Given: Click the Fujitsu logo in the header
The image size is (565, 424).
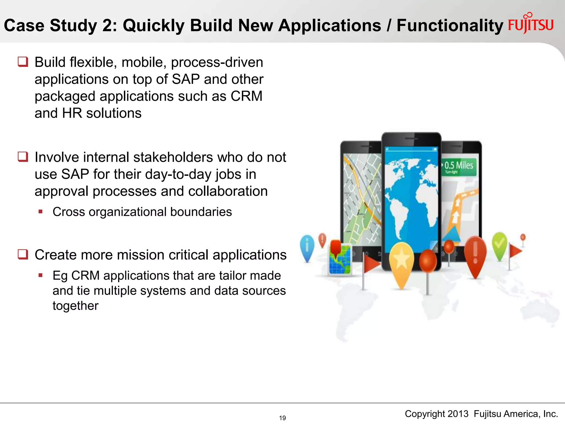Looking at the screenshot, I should tap(531, 24).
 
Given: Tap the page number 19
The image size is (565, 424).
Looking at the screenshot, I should tap(282, 418).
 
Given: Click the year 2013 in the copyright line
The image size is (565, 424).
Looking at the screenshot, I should tap(458, 414).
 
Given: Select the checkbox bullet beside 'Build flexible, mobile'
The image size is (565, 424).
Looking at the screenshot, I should tap(23, 62).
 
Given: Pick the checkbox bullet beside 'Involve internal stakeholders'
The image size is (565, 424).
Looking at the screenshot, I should tap(23, 157).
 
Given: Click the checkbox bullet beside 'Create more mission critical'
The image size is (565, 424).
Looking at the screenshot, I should tap(23, 254).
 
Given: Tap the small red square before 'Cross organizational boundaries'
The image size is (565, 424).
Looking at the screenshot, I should tap(41, 212).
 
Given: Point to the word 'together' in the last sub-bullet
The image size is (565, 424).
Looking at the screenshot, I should tap(75, 306).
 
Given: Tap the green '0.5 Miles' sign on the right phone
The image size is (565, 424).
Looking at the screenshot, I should tap(459, 167).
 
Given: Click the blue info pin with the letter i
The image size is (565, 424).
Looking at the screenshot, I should tap(307, 246).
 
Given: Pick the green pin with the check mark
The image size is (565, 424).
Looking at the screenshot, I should tap(499, 244).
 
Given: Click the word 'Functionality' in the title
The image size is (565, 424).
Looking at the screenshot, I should tap(450, 26).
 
